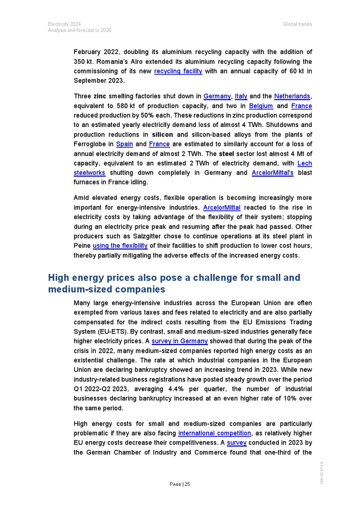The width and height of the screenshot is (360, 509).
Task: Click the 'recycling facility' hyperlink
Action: tap(178, 71)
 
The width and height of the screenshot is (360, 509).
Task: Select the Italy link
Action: tap(241, 96)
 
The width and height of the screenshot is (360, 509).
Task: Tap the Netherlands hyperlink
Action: tap(292, 96)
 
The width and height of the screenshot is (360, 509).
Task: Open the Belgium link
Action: tap(261, 106)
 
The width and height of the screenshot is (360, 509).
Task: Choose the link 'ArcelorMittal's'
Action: tap(273, 173)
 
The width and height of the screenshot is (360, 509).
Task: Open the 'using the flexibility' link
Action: tap(120, 246)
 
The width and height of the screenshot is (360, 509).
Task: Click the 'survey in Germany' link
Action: tap(179, 341)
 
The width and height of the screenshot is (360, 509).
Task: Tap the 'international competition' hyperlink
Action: tap(214, 433)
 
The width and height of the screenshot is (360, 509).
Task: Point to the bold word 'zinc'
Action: tap(100, 96)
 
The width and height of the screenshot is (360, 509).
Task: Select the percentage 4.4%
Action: tap(160, 389)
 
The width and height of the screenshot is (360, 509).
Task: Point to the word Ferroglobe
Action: tap(91, 144)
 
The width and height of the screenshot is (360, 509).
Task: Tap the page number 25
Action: tap(187, 484)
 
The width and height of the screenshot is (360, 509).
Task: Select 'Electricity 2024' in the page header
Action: tap(64, 24)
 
